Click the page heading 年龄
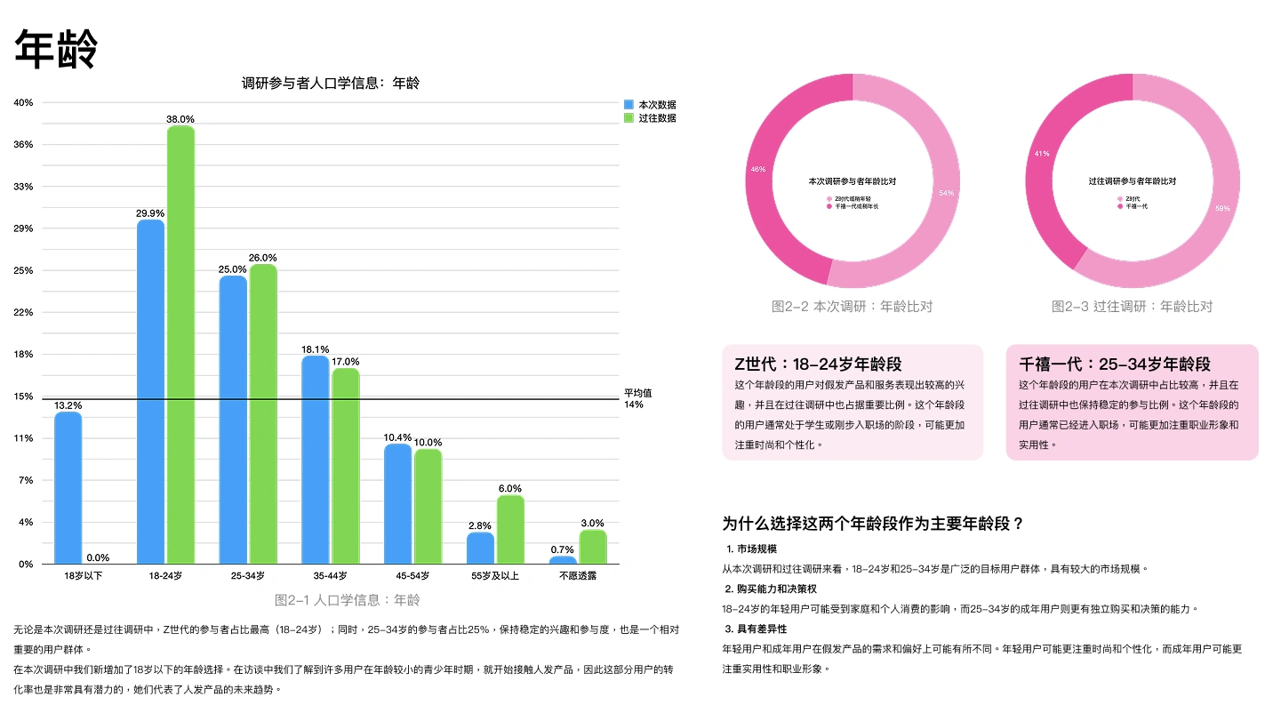point(55,49)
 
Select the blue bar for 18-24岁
point(150,391)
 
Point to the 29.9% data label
point(149,213)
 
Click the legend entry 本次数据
point(657,105)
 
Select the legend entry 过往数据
point(657,118)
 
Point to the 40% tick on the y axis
point(24,102)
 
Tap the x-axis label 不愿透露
point(578,576)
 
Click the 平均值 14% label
point(638,398)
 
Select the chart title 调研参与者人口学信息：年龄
point(331,84)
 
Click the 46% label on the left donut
point(758,169)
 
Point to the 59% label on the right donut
point(1223,209)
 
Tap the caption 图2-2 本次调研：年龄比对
point(852,307)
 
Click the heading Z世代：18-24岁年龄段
point(818,365)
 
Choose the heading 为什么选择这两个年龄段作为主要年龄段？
point(873,524)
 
